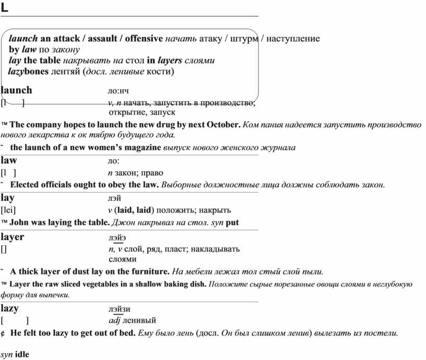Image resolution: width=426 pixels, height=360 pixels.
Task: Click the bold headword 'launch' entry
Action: [17, 90]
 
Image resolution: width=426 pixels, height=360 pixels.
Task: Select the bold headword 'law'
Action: [9, 161]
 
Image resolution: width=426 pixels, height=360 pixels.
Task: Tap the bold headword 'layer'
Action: [13, 237]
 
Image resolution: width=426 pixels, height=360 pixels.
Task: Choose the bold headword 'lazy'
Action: [10, 308]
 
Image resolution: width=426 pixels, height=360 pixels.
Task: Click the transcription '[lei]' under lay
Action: [8, 210]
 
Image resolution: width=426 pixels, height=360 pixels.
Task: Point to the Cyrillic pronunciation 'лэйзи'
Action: [120, 309]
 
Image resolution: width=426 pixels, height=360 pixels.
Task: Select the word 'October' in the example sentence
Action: [223, 125]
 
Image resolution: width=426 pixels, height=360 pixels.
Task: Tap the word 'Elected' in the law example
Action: [26, 185]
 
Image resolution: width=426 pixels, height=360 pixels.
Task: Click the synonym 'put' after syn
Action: [233, 223]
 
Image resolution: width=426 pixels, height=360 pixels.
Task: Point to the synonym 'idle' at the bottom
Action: [22, 355]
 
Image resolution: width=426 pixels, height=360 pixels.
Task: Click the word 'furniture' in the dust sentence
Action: [149, 271]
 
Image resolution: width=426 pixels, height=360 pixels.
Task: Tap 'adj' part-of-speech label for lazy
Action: [114, 320]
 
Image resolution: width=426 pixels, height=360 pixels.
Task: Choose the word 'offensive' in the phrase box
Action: [144, 39]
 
